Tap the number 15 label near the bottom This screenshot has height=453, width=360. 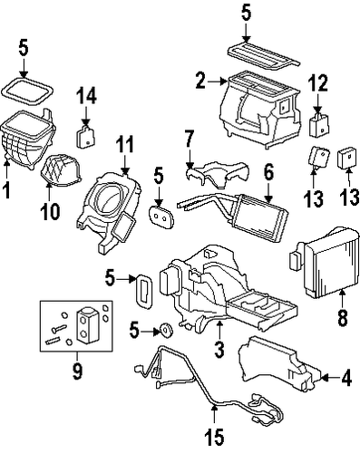point(216,439)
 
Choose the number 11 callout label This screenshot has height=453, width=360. point(124,142)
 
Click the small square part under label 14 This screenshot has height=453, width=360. point(87,138)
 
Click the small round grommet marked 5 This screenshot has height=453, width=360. point(166,328)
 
